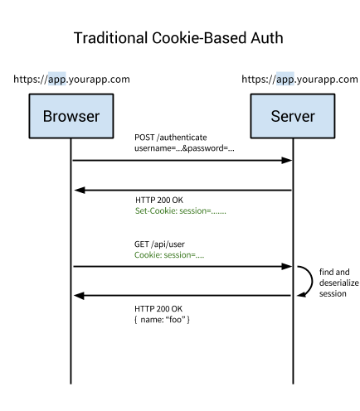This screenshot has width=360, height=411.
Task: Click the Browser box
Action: pos(71,116)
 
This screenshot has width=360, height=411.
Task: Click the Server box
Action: pos(292,116)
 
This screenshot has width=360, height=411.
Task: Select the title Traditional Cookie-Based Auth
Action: pos(180,38)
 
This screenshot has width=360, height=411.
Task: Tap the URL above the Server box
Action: pos(299,80)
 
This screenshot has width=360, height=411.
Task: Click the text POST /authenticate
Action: pos(171,136)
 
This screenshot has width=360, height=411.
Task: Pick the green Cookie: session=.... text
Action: pos(169,256)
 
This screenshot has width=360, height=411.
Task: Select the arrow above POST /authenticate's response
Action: pos(182,190)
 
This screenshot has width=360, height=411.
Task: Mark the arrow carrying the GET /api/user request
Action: pos(182,267)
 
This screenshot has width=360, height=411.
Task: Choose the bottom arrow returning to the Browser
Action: pos(182,295)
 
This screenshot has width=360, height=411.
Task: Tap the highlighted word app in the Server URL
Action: pos(285,80)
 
